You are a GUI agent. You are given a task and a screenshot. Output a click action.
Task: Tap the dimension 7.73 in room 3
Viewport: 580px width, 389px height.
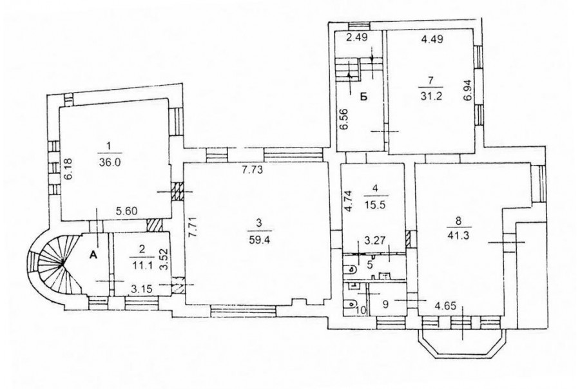point(252,171)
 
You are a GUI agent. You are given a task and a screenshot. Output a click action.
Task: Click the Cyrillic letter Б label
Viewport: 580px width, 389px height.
point(363,97)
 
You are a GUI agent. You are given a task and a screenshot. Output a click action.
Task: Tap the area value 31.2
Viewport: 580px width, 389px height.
point(431,96)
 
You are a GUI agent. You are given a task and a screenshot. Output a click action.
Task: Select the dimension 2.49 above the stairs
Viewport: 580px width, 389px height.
point(357,38)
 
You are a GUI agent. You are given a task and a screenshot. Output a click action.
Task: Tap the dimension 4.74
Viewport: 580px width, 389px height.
point(348,201)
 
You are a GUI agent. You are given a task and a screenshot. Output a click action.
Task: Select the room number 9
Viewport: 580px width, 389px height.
point(385,305)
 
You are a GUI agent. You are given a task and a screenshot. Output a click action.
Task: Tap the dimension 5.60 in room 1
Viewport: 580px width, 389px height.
point(127,211)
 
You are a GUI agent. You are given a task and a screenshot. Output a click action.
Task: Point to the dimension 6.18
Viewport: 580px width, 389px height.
point(68,169)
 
